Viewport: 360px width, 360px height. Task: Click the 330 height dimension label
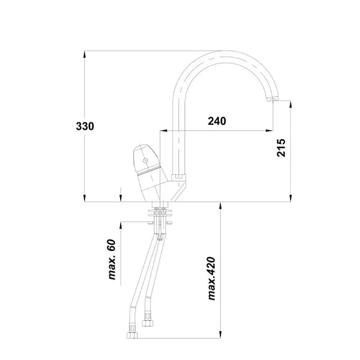click(85, 126)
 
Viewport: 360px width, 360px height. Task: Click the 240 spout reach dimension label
click(217, 121)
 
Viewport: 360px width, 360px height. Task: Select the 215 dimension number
click(281, 148)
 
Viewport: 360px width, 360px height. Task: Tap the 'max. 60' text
click(112, 259)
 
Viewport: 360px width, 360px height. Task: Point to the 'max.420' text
click(211, 278)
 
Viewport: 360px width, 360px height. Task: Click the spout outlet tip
click(272, 99)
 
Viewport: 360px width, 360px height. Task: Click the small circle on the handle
click(145, 160)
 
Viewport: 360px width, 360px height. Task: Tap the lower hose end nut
click(132, 335)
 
